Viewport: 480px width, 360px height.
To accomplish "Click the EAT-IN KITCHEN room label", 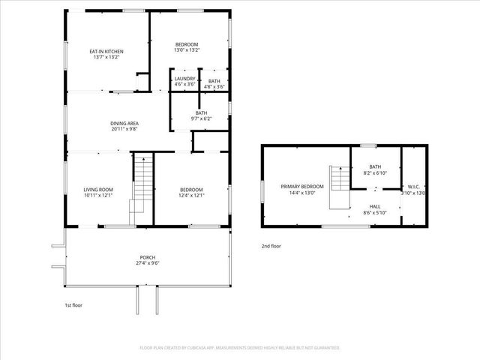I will pyautogui.click(x=106, y=51).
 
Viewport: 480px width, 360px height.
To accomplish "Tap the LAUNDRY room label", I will pyautogui.click(x=184, y=79).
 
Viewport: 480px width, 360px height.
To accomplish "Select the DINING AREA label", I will pyautogui.click(x=124, y=124).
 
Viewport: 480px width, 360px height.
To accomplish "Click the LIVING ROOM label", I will pyautogui.click(x=98, y=190).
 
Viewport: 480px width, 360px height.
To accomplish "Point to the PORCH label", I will pyautogui.click(x=148, y=257).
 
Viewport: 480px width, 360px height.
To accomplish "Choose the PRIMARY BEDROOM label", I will pyautogui.click(x=302, y=186).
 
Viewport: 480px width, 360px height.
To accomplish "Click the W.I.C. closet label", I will pyautogui.click(x=413, y=186).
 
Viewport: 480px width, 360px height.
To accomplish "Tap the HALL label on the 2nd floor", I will pyautogui.click(x=374, y=207).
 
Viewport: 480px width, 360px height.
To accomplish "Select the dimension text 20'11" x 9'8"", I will pyautogui.click(x=124, y=129).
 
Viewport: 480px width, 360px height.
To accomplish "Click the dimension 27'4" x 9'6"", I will pyautogui.click(x=148, y=263).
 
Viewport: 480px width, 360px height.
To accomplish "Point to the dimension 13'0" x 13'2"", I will pyautogui.click(x=187, y=51).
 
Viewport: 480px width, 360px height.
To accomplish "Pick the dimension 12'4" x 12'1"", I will pyautogui.click(x=191, y=196).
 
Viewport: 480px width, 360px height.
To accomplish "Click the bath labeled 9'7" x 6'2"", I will pyautogui.click(x=202, y=115).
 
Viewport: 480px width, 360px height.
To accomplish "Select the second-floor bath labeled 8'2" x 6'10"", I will pyautogui.click(x=376, y=169).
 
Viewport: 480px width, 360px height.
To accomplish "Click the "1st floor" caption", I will pyautogui.click(x=73, y=306).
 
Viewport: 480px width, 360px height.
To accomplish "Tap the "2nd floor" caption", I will pyautogui.click(x=271, y=246).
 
